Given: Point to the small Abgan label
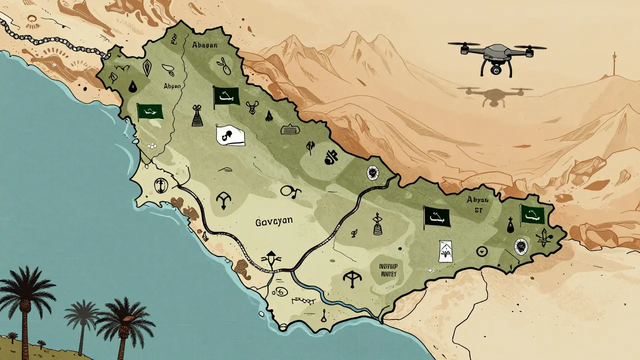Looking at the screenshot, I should (171, 85).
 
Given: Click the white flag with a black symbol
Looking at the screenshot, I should (230, 134).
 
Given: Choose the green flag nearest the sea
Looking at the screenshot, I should (150, 111).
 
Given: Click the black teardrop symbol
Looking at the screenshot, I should (131, 87).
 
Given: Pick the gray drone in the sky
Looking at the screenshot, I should (497, 56).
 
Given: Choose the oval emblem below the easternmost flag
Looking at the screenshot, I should (521, 246).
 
